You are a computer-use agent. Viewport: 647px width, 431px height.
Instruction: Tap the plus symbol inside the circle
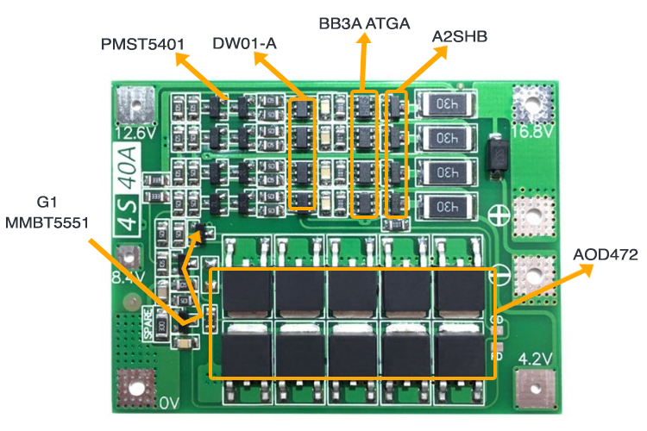(499, 215)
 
